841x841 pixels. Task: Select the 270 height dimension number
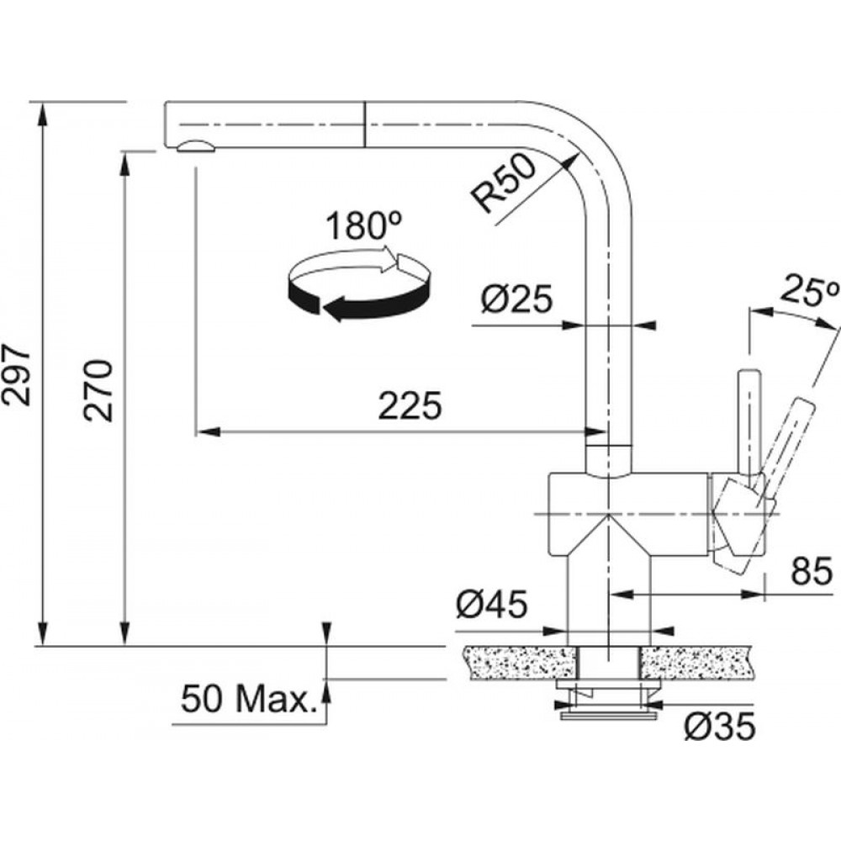click(x=98, y=390)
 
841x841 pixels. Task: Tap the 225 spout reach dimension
click(x=410, y=405)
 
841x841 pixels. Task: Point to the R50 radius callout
click(x=504, y=182)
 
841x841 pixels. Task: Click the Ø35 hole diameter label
click(x=720, y=727)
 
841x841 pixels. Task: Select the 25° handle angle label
click(x=809, y=290)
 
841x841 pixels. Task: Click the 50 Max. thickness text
click(x=246, y=699)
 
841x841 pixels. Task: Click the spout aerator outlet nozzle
click(x=195, y=146)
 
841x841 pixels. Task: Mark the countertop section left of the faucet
click(x=521, y=664)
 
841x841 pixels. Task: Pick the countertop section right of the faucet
click(x=696, y=664)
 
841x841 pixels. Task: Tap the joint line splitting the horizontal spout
click(x=365, y=124)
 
